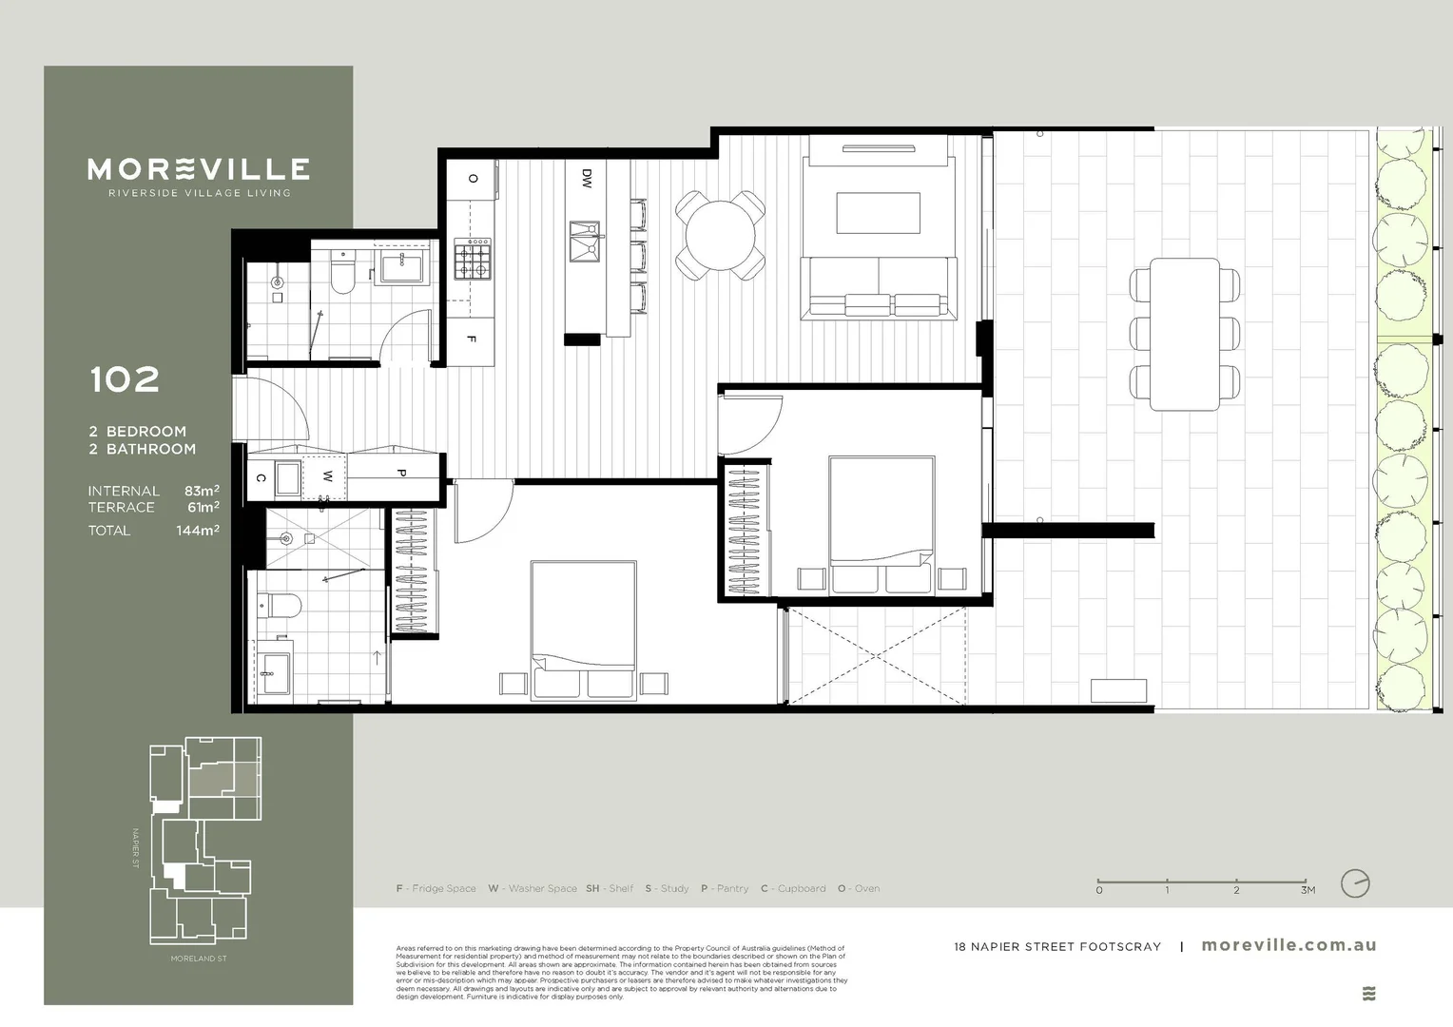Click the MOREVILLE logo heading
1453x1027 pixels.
[199, 169]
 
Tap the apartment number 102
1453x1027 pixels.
[125, 380]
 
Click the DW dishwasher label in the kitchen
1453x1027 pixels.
[587, 178]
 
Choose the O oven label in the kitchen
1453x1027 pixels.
[473, 178]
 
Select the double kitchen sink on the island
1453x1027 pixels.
[585, 240]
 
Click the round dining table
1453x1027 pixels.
[721, 234]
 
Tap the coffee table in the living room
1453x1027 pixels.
[878, 212]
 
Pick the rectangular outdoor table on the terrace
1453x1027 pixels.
[1185, 334]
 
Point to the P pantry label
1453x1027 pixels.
[400, 473]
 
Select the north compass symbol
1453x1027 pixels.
[1355, 883]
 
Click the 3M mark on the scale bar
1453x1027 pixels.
[1308, 890]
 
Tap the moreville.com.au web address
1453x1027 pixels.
[1288, 945]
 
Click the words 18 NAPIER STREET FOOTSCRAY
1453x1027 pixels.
[1057, 947]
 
